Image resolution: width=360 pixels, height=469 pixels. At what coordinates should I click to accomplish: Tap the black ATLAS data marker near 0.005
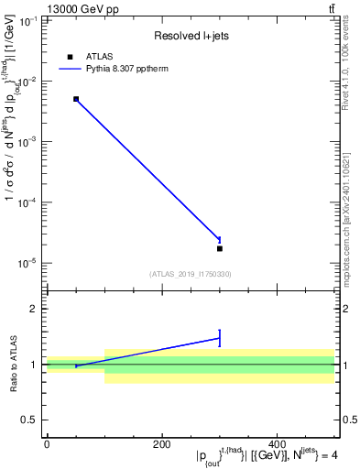(x=76, y=99)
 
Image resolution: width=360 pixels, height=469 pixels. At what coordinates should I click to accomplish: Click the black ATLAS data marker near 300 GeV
(x=220, y=248)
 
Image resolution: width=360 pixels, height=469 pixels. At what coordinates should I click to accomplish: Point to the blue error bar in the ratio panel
(x=220, y=338)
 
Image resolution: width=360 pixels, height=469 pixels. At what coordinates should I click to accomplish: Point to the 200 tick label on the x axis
(x=162, y=445)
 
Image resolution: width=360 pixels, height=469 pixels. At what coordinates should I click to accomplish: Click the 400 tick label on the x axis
(x=278, y=445)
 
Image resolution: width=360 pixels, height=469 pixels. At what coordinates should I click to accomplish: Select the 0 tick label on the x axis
(x=47, y=445)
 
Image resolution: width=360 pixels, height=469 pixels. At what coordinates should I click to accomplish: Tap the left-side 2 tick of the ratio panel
(x=34, y=309)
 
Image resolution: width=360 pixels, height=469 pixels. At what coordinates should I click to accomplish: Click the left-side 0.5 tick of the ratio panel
(x=30, y=420)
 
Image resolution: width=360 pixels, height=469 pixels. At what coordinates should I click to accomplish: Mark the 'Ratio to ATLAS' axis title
(x=13, y=365)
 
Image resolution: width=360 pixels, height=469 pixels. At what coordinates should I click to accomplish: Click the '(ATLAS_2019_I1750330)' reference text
(x=191, y=274)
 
